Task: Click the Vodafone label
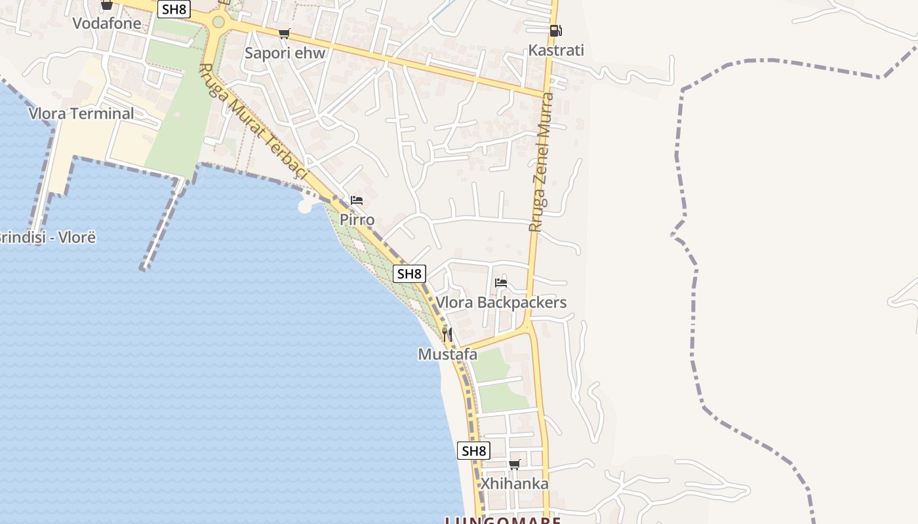pos(107,24)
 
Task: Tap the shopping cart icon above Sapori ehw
pos(284,34)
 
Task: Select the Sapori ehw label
pos(285,53)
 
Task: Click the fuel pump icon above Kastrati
pos(555,31)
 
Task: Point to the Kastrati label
pos(556,50)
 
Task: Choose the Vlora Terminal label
pos(81,113)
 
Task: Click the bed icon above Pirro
pos(357,200)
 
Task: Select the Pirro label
pos(357,219)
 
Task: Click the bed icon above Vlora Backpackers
pos(501,283)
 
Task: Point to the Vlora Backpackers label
pos(501,303)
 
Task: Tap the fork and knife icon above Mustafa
pos(447,335)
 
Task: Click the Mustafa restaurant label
pos(448,354)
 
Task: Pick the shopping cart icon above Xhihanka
pos(515,464)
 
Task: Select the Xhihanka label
pos(515,484)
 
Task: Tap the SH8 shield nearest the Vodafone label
pos(174,9)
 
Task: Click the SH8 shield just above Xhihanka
pos(473,451)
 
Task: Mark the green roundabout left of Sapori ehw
pos(218,22)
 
